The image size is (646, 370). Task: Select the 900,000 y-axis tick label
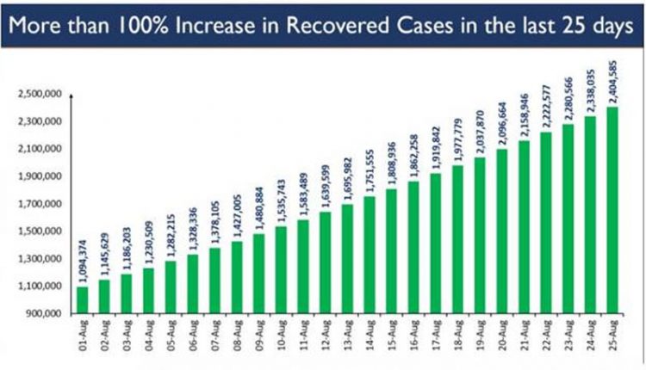point(39,313)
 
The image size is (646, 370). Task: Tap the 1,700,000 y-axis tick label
point(35,204)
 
